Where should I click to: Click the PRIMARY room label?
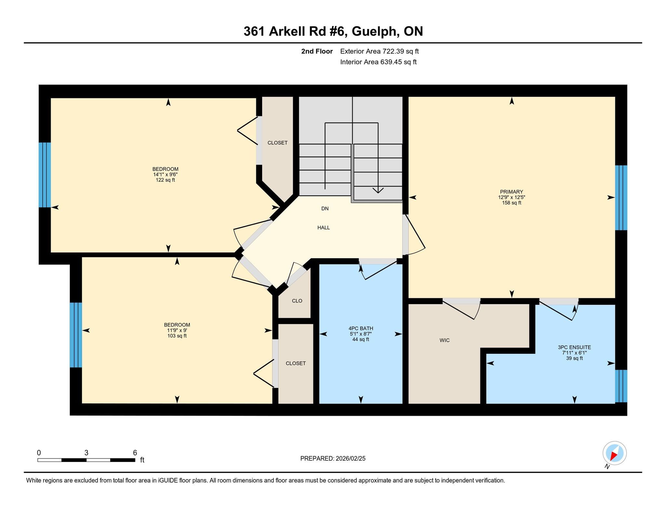[512, 192]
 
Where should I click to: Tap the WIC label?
[445, 340]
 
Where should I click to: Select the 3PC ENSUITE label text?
[574, 347]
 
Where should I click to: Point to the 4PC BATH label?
[361, 328]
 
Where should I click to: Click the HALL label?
[324, 228]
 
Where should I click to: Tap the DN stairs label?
[325, 209]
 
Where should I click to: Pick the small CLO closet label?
[297, 301]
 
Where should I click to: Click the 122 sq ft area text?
[165, 180]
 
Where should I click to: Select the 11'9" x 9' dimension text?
[177, 330]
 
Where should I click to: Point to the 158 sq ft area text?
[512, 203]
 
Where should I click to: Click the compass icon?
[614, 453]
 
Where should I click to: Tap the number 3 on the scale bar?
[86, 453]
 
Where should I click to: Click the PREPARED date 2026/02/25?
[351, 458]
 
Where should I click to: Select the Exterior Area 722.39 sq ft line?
[380, 51]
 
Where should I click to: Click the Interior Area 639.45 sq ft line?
[378, 62]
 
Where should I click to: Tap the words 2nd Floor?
[317, 51]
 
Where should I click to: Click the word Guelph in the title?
[375, 32]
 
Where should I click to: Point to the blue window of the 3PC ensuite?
[621, 386]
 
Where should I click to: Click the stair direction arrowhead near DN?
[378, 190]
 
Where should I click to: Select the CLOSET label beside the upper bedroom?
[277, 143]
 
